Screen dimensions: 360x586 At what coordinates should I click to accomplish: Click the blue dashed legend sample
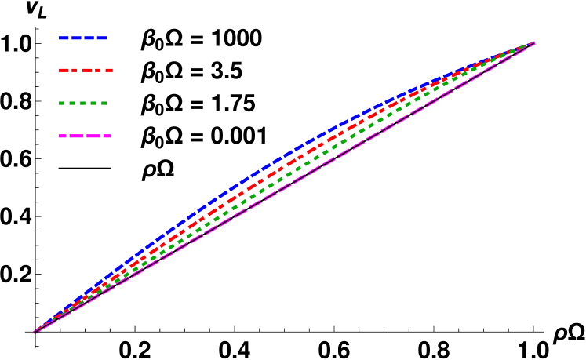pos(82,38)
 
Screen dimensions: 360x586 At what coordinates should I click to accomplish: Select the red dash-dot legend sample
pos(86,71)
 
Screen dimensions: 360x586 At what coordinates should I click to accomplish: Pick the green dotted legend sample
pos(82,104)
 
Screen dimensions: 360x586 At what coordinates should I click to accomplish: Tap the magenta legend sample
pos(85,136)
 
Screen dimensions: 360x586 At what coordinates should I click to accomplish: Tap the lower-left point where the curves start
pos(35,332)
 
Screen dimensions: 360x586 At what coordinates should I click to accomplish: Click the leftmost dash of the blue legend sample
pos(64,38)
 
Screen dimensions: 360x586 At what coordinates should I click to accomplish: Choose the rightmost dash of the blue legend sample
pos(101,38)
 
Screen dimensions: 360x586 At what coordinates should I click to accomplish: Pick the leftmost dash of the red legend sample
pos(63,71)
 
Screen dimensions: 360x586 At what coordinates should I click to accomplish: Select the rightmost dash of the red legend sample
pos(109,71)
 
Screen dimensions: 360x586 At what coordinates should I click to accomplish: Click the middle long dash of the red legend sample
pos(85,71)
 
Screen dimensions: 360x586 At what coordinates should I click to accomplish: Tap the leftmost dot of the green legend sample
pos(61,104)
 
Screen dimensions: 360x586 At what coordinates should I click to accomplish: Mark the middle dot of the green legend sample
pos(82,104)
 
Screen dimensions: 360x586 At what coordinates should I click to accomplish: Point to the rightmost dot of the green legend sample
pos(104,104)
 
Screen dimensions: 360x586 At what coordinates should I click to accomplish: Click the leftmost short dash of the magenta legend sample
pos(62,136)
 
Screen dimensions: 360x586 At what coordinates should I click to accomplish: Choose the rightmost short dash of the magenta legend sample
pos(107,136)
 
